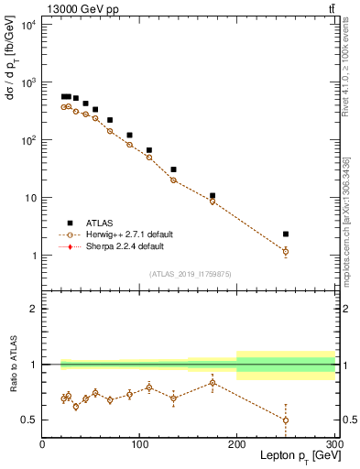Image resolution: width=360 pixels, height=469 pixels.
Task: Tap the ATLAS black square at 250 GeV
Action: pyautogui.click(x=286, y=234)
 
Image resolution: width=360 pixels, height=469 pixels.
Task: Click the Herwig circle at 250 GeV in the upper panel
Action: pyautogui.click(x=286, y=251)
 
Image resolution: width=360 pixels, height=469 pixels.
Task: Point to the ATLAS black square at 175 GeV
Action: pyautogui.click(x=213, y=196)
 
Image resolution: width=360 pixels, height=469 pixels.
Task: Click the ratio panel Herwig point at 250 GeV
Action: pyautogui.click(x=286, y=420)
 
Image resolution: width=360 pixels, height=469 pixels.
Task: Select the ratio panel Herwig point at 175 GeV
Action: pyautogui.click(x=213, y=383)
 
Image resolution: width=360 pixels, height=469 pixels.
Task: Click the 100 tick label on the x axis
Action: pyautogui.click(x=139, y=444)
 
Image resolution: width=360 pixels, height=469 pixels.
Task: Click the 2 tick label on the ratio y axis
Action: pyautogui.click(x=33, y=309)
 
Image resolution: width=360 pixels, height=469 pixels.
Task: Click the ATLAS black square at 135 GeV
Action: pyautogui.click(x=173, y=169)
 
